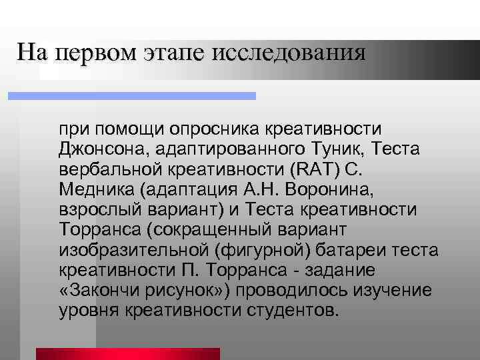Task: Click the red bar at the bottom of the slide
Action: (x=127, y=353)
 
